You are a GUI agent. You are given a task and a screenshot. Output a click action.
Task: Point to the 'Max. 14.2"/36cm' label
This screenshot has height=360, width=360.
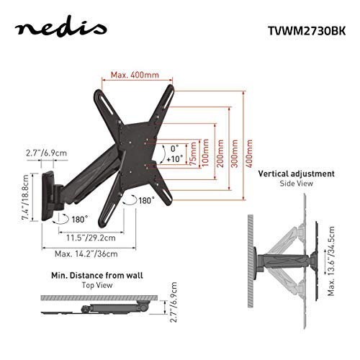[x=87, y=253]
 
